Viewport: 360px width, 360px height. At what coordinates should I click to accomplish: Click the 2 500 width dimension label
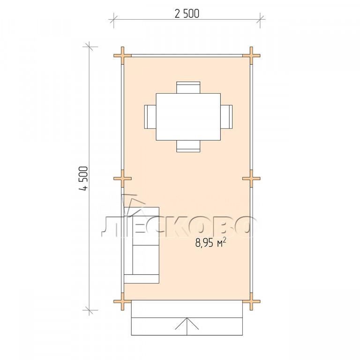pyautogui.click(x=187, y=14)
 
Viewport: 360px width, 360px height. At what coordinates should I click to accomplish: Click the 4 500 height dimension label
pyautogui.click(x=83, y=179)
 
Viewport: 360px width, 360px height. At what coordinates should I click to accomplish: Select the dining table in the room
pyautogui.click(x=188, y=117)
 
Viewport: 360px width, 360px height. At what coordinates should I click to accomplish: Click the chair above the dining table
pyautogui.click(x=188, y=88)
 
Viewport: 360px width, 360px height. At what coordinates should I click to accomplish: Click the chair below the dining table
pyautogui.click(x=188, y=146)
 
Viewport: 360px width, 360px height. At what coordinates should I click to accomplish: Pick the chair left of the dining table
pyautogui.click(x=150, y=117)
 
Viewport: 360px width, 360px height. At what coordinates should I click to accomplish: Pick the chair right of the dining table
pyautogui.click(x=226, y=117)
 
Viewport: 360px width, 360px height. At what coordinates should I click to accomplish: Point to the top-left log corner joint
pyautogui.click(x=123, y=55)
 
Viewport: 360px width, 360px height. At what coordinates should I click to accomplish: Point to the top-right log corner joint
pyautogui.click(x=251, y=55)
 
